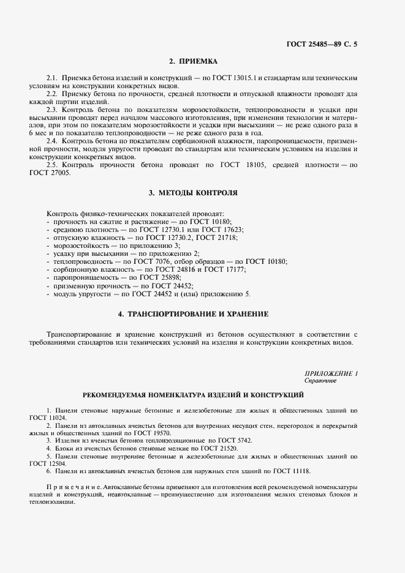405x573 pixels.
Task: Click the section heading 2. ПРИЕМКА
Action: [193, 61]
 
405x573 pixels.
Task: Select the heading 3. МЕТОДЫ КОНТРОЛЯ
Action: [193, 193]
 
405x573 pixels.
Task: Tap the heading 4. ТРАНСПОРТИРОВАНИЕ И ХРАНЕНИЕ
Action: [193, 313]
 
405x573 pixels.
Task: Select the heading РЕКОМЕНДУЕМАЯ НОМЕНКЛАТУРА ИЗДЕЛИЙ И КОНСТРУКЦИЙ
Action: [193, 395]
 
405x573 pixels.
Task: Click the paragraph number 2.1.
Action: [52, 79]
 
